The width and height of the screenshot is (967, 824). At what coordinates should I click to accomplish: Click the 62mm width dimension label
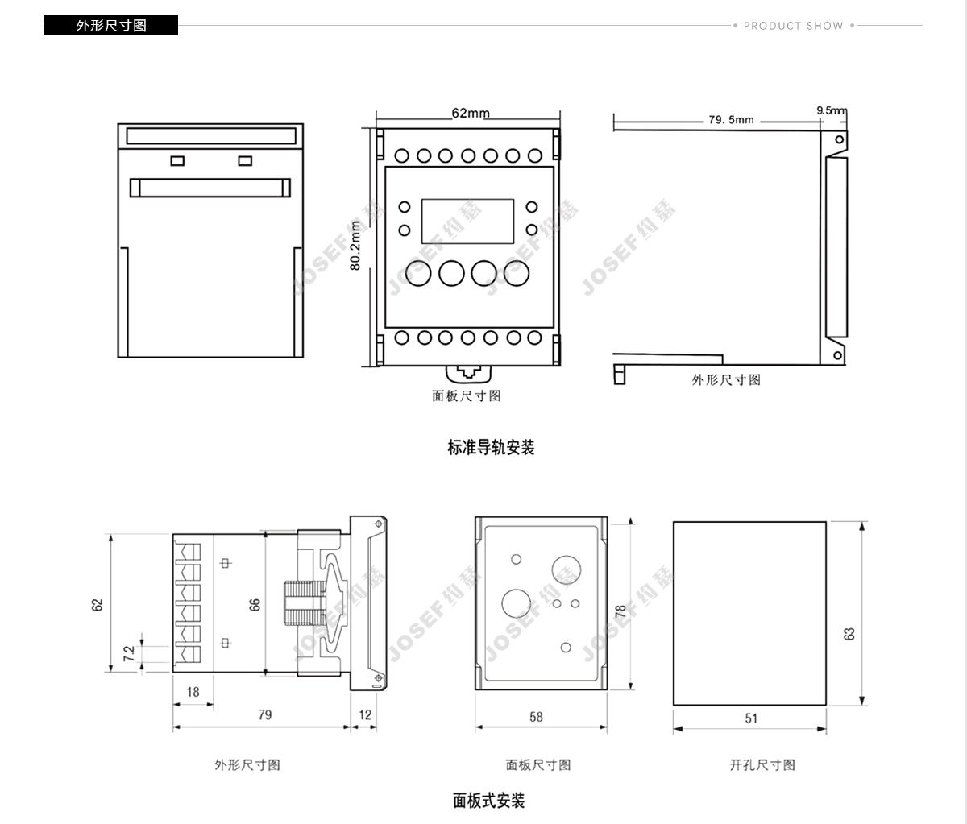click(x=470, y=113)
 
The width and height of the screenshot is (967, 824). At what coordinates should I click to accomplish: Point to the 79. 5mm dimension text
click(x=731, y=120)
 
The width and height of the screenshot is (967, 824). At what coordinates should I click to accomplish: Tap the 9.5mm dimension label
click(x=831, y=110)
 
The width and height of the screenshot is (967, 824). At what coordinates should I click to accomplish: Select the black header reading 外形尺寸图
click(x=111, y=26)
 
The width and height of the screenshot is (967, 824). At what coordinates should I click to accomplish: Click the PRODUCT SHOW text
click(x=793, y=26)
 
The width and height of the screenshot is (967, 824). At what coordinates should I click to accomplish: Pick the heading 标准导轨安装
click(x=491, y=447)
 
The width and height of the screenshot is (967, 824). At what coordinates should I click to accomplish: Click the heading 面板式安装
click(x=488, y=801)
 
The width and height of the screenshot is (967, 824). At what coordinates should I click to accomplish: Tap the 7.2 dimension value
click(x=129, y=653)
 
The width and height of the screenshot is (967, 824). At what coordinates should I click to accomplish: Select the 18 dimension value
click(x=193, y=692)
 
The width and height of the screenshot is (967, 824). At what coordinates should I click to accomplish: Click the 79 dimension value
click(x=265, y=714)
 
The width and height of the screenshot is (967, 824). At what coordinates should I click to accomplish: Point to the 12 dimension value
click(x=365, y=714)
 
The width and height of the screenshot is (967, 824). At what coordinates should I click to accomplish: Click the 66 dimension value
click(x=255, y=604)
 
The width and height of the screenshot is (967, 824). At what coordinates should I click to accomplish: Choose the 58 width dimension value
click(x=536, y=716)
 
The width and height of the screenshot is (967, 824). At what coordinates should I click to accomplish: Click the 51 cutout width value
click(x=751, y=718)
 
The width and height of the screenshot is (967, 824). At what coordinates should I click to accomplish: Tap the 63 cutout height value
click(x=849, y=634)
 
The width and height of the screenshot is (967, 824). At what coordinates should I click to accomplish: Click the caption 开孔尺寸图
click(x=762, y=764)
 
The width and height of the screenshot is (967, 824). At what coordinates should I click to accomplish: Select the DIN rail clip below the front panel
click(x=467, y=373)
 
